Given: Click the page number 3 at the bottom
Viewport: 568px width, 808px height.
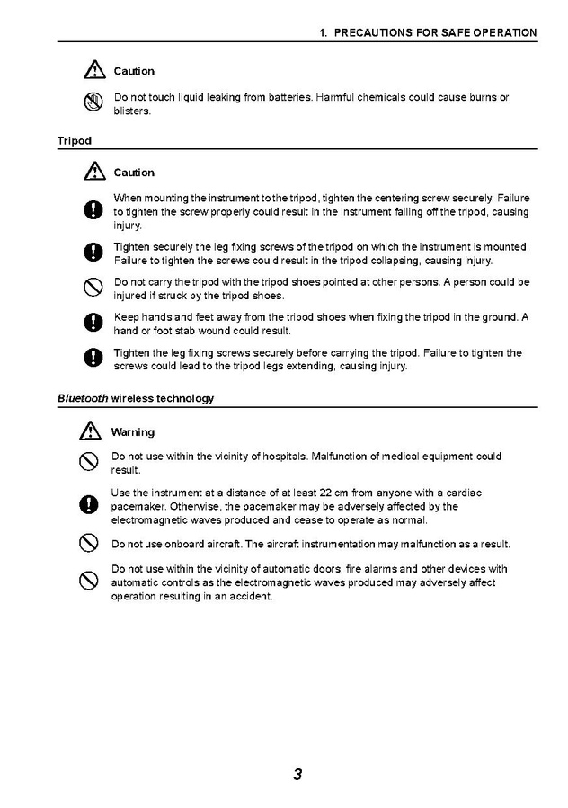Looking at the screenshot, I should point(297,774).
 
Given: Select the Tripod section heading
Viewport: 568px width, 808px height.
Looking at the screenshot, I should point(75,140).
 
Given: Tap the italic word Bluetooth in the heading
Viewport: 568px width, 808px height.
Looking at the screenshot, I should point(83,398).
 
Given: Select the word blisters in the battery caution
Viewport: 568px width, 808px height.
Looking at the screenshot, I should point(132,111).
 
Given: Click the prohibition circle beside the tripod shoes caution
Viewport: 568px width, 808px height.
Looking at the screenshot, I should point(91,289).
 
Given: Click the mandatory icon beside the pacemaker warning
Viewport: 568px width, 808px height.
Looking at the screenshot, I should point(90,506).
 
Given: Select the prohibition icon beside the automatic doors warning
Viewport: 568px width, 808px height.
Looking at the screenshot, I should point(89,581).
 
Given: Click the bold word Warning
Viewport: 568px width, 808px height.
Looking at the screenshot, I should point(132,432).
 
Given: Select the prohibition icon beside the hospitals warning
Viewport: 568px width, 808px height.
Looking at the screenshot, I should point(89,462).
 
